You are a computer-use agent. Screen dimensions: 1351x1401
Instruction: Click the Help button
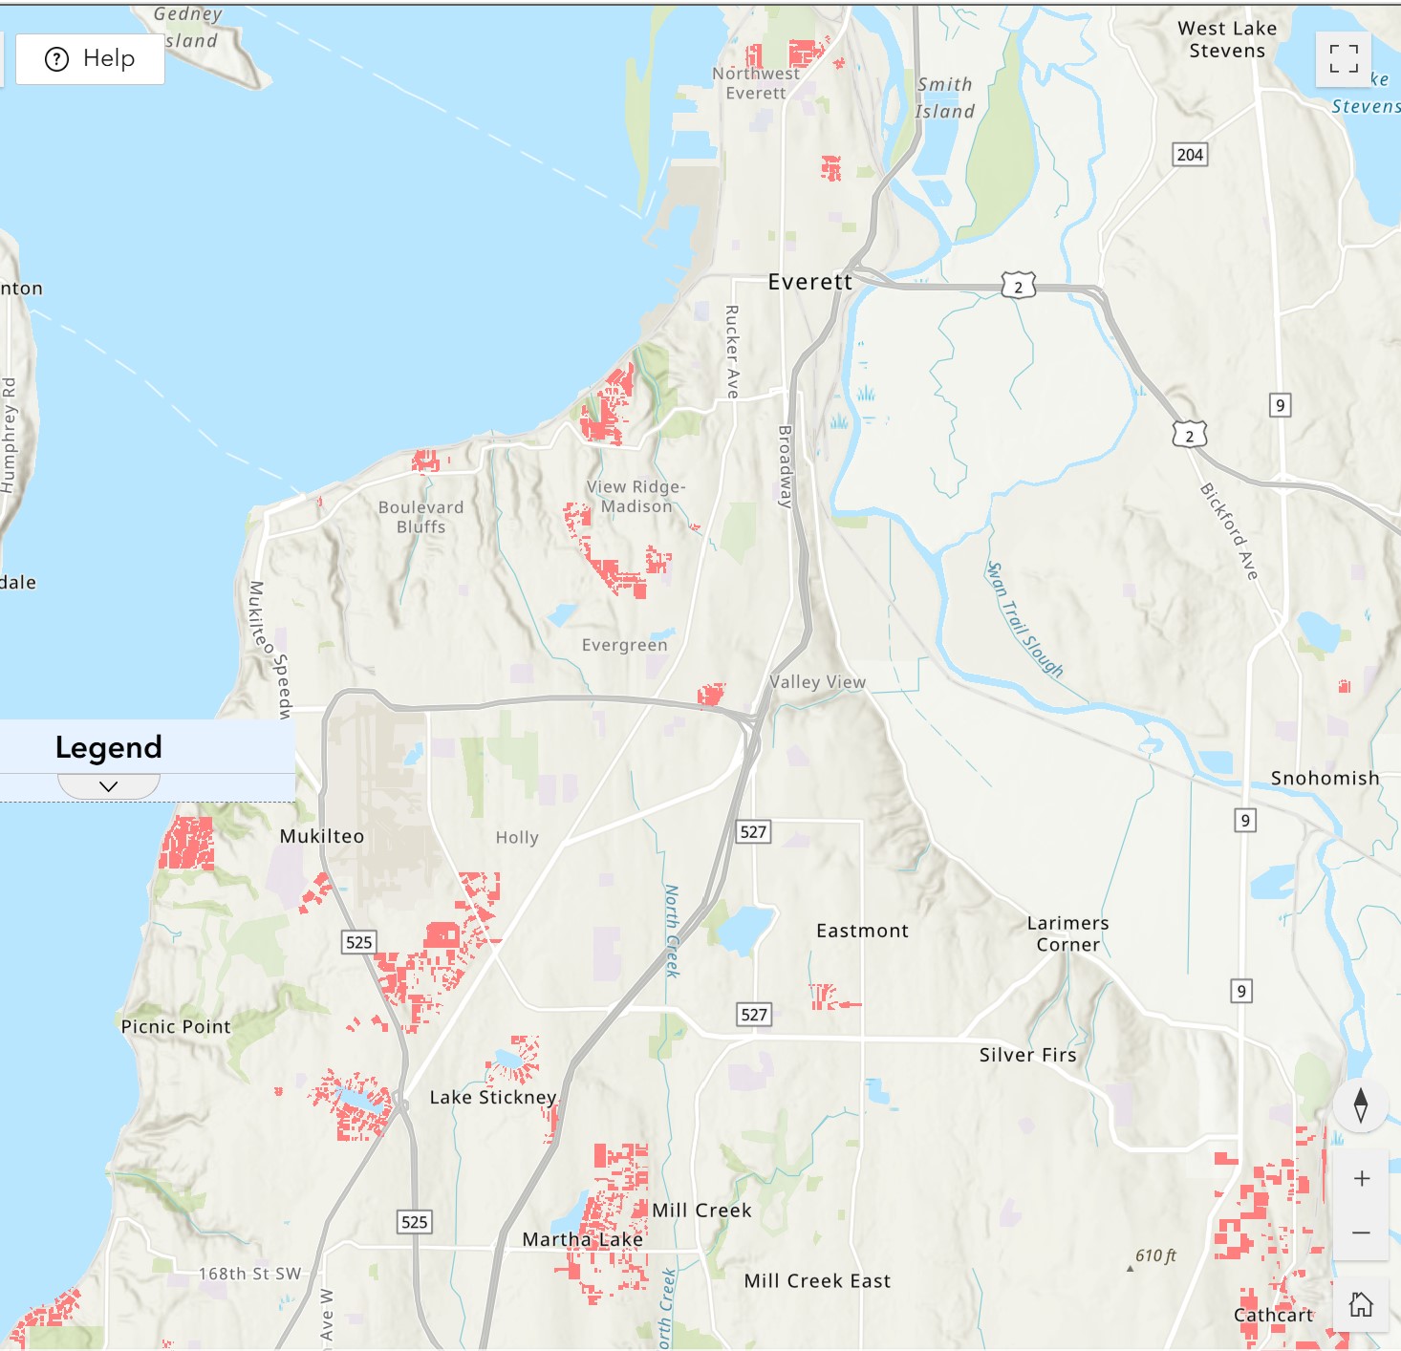90,59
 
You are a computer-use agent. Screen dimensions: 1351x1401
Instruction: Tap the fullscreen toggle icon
1343,59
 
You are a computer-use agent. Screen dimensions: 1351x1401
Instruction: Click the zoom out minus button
1361,1233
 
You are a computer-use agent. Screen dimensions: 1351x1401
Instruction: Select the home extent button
1361,1304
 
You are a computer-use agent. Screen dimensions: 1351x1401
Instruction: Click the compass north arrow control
1361,1104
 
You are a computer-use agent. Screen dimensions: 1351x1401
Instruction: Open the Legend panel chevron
109,786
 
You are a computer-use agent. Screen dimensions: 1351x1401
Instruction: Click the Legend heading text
109,747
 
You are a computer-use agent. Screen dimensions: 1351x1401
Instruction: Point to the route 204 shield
1190,155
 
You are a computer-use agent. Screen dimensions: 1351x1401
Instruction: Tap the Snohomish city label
1325,779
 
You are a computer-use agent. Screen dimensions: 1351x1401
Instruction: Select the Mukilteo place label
322,836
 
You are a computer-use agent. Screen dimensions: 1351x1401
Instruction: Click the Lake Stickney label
493,1098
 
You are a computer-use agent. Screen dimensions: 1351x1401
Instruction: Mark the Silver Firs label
1027,1055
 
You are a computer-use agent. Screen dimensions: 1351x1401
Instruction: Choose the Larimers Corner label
1067,934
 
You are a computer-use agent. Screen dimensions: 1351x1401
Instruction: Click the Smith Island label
945,98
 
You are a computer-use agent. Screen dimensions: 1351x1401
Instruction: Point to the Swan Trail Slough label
1024,620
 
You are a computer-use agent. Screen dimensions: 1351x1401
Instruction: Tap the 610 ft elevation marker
1154,1256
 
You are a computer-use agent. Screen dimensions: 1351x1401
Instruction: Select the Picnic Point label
176,1027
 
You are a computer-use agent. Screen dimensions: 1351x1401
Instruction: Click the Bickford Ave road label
1229,531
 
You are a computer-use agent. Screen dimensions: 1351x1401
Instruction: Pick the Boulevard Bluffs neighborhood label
420,517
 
